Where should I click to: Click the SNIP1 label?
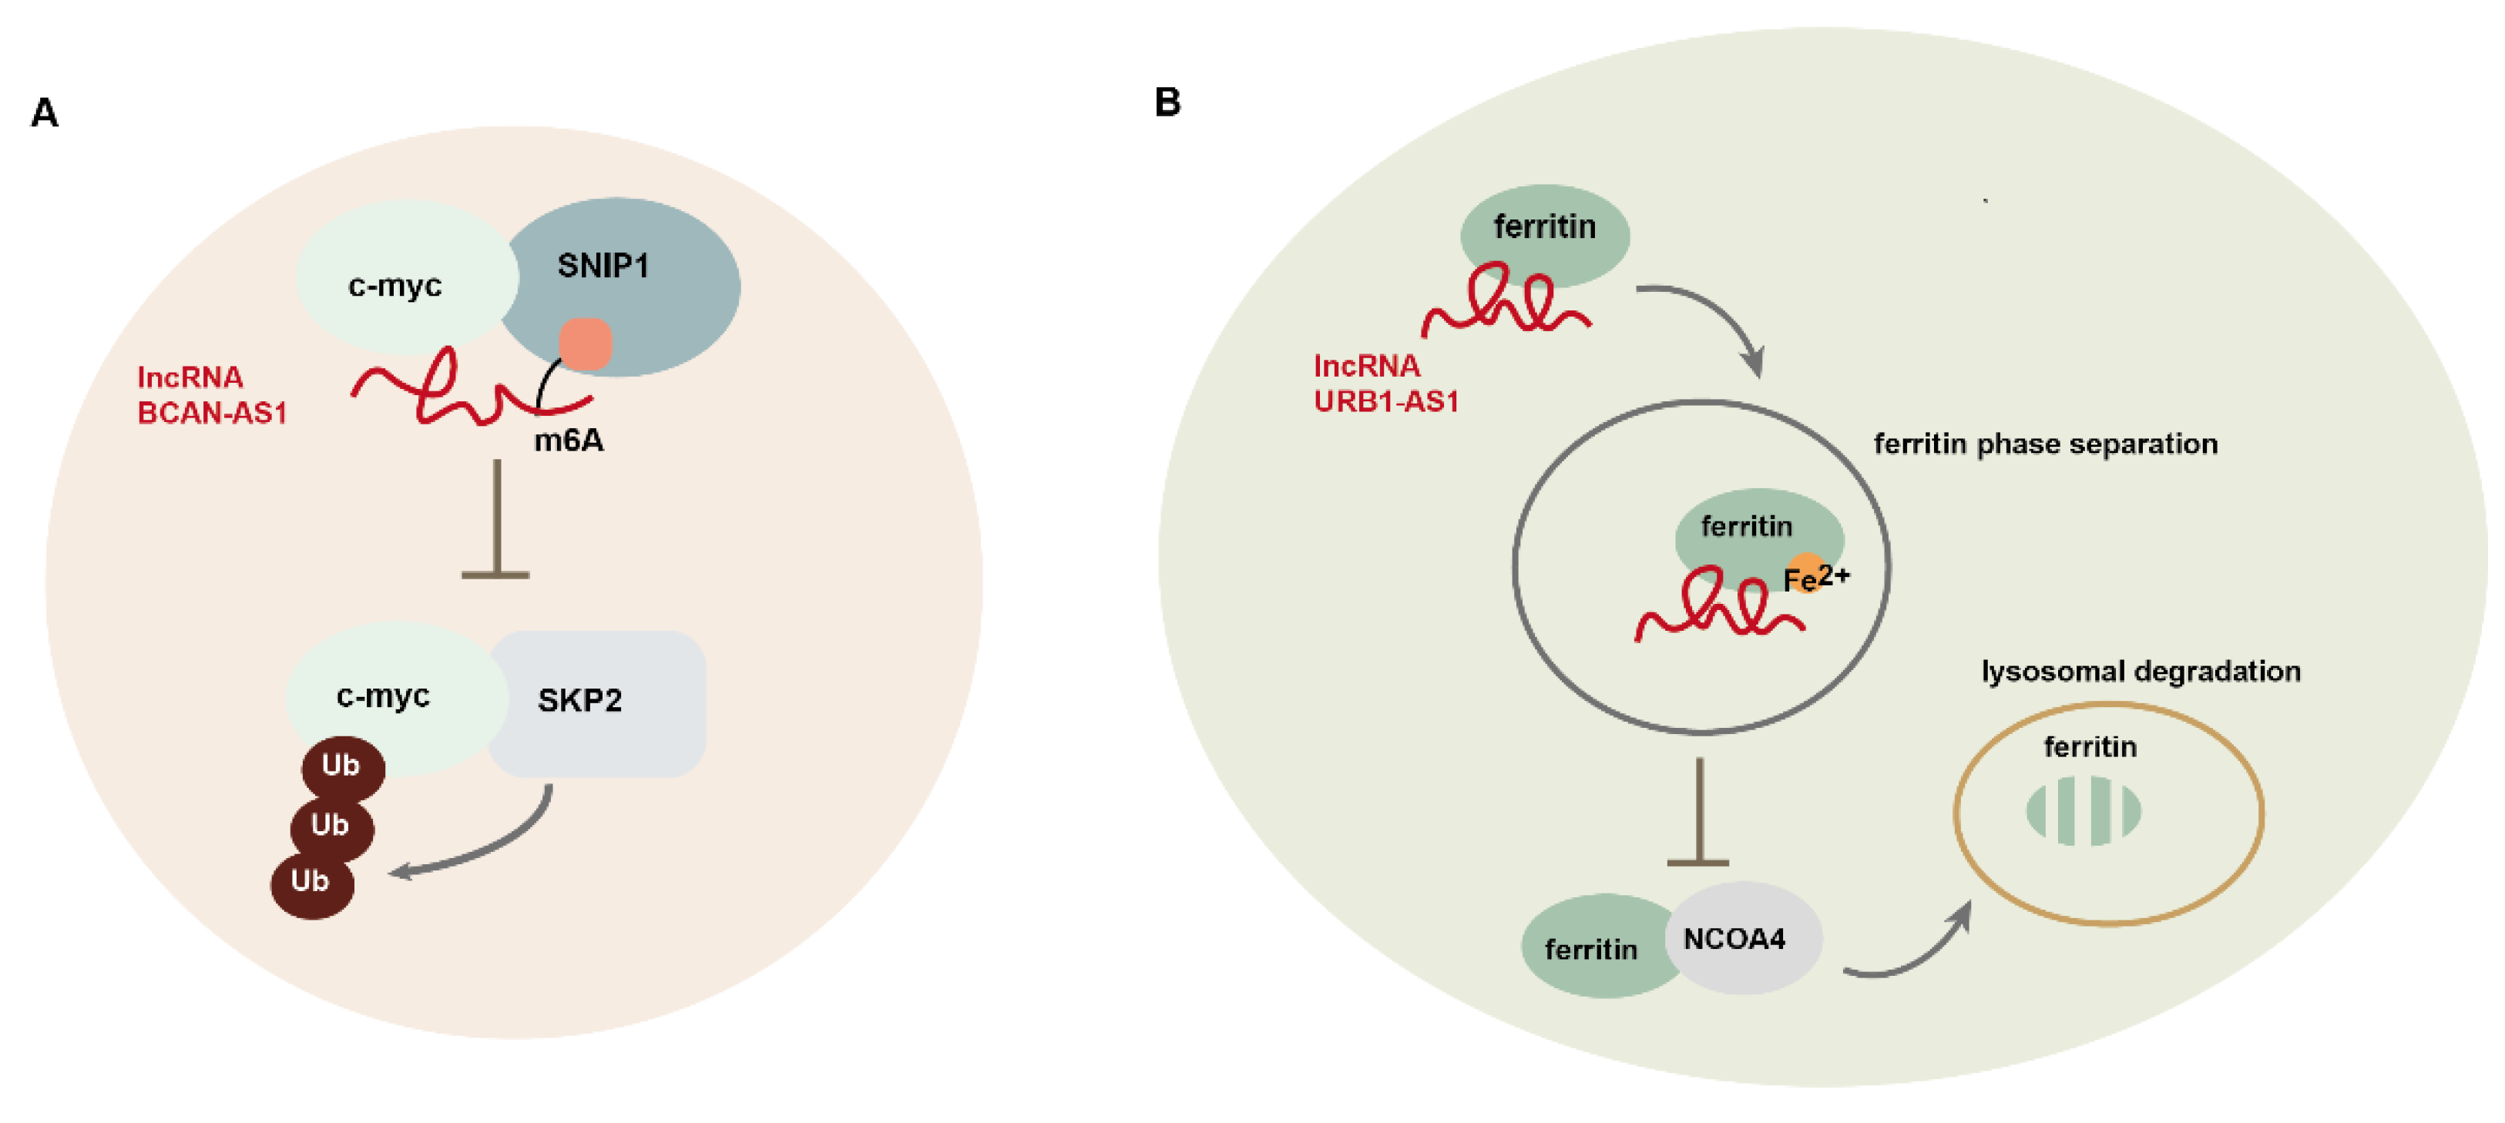pos(603,266)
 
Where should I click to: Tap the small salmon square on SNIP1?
pos(586,344)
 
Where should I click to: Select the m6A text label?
pos(569,441)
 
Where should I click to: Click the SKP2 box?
pos(596,703)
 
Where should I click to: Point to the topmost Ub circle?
pos(343,767)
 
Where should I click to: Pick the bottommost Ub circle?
pos(312,883)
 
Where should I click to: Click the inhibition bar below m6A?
pos(496,519)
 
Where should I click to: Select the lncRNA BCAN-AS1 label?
pos(212,395)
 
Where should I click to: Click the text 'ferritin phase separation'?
pos(2046,444)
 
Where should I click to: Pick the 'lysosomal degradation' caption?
pos(2141,672)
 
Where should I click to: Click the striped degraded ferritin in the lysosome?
pos(2083,811)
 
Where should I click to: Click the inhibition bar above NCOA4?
pos(1698,812)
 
